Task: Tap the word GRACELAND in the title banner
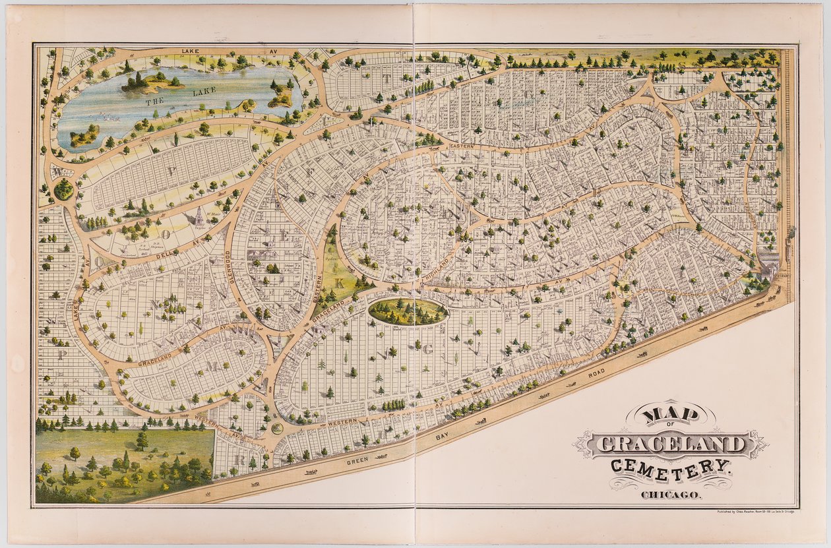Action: (670, 444)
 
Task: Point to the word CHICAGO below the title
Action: (671, 495)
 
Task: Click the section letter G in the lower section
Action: (427, 350)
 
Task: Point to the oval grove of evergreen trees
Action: (408, 311)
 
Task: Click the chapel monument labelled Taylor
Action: (199, 216)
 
